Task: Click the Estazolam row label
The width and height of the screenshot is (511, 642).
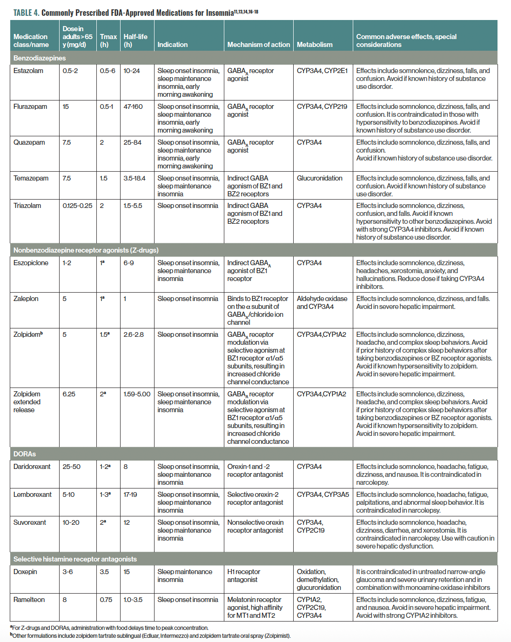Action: click(x=28, y=71)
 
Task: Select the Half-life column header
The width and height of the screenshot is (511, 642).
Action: click(x=135, y=40)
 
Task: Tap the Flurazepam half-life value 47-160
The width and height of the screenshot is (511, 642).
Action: click(x=133, y=107)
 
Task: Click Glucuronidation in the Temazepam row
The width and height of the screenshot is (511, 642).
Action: click(x=319, y=178)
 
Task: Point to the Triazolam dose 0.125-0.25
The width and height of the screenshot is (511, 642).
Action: click(x=77, y=206)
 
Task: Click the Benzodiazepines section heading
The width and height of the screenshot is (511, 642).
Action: click(x=40, y=58)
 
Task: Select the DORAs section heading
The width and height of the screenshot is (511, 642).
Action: click(x=25, y=454)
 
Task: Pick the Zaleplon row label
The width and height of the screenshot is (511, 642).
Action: click(x=26, y=299)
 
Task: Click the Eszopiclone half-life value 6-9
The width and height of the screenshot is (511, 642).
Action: click(x=128, y=263)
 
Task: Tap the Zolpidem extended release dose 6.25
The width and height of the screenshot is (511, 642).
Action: click(x=69, y=394)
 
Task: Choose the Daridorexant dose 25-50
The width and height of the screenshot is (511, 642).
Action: click(x=71, y=467)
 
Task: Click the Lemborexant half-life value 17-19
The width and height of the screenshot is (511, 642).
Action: click(x=130, y=495)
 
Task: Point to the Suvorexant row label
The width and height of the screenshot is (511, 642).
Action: click(x=30, y=522)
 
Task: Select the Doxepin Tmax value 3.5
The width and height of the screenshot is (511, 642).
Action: click(x=104, y=572)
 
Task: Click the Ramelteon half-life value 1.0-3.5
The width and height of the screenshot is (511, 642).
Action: click(x=133, y=600)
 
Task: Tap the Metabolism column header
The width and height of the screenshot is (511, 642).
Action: click(x=315, y=45)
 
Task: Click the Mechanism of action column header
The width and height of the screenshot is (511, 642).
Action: click(x=258, y=45)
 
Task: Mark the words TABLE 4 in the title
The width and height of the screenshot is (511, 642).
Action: click(x=26, y=13)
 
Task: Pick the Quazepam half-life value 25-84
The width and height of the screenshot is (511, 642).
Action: click(x=133, y=142)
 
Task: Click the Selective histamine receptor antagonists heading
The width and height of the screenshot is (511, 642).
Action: click(x=75, y=559)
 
